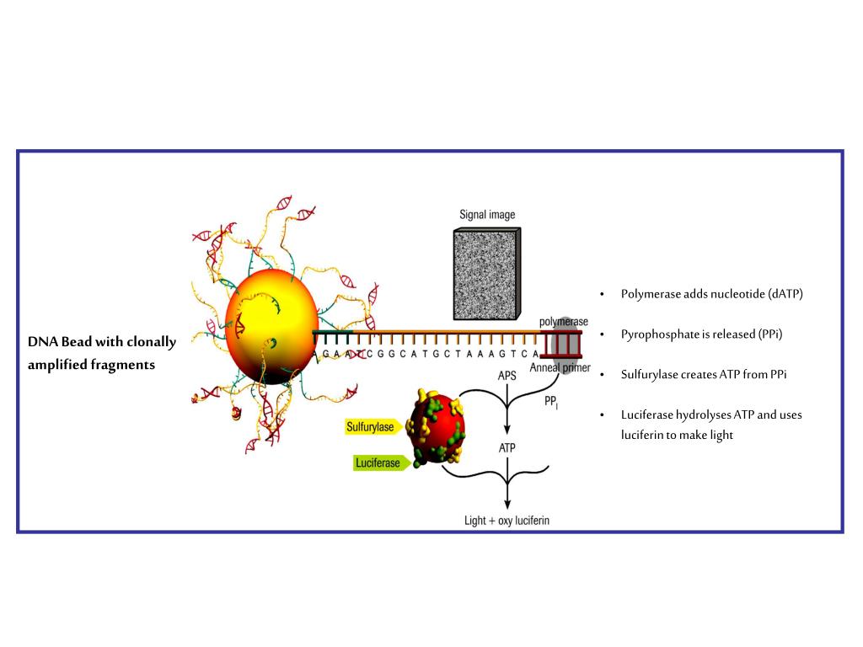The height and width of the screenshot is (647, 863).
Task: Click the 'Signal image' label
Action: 486,215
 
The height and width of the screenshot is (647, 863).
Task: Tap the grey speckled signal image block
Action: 485,274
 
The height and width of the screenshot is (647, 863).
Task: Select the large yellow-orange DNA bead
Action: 271,324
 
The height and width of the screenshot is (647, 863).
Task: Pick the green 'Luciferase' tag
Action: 380,463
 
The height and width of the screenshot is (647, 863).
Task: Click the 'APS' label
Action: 507,376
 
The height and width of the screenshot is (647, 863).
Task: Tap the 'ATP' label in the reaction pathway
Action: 507,448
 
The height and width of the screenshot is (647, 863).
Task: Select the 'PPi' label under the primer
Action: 552,404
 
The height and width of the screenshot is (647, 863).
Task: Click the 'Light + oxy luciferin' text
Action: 507,521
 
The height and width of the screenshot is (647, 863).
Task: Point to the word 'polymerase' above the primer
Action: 563,322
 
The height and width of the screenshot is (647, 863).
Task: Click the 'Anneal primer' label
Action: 560,367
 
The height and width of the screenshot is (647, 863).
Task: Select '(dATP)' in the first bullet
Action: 785,294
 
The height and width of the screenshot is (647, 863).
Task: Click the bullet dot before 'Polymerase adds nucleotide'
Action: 603,294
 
